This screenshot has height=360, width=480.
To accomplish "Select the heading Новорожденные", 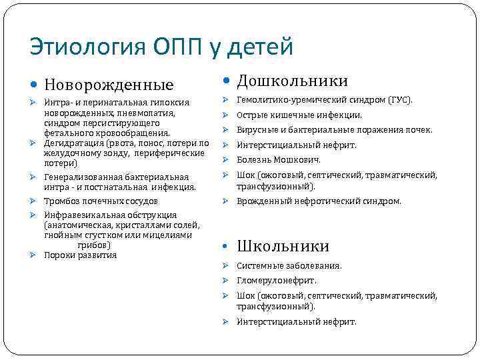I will click(109, 85).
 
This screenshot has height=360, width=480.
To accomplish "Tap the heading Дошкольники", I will click(293, 81).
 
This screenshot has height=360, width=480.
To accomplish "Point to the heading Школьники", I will click(283, 246).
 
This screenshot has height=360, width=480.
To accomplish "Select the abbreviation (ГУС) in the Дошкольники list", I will click(401, 101).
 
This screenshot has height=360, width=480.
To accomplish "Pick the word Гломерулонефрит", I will click(276, 281).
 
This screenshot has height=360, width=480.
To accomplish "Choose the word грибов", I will click(92, 245).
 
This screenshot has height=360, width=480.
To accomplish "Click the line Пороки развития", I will click(80, 255).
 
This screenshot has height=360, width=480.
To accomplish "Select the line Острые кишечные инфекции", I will click(299, 115).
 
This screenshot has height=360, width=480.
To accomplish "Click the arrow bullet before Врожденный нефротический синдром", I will click(226, 201).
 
